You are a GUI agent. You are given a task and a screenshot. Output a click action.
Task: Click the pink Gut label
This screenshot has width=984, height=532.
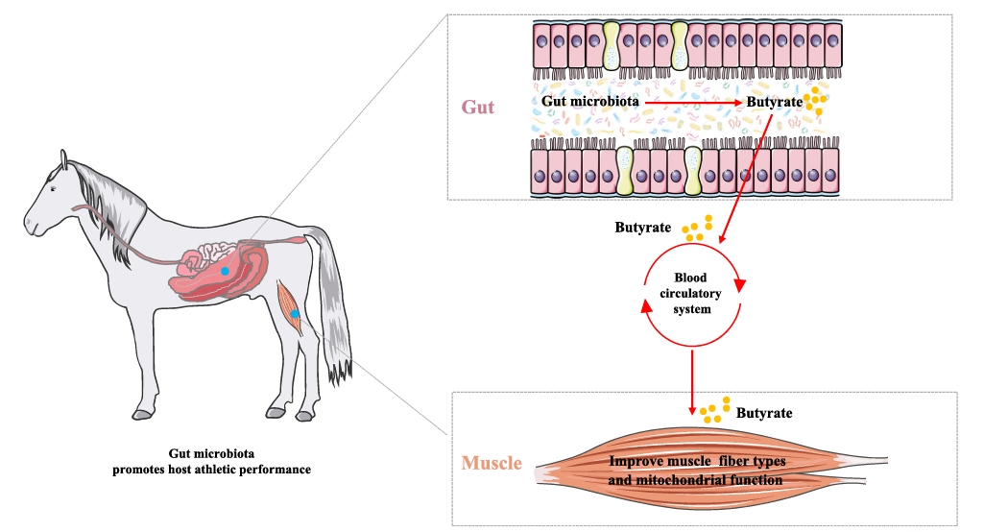click(x=478, y=107)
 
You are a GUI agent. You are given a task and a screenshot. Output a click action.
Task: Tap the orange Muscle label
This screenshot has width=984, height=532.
click(x=492, y=464)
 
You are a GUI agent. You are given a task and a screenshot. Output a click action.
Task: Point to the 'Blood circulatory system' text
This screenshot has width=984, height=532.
click(x=691, y=293)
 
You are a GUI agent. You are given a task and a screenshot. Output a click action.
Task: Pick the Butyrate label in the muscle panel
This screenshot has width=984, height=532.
click(x=764, y=413)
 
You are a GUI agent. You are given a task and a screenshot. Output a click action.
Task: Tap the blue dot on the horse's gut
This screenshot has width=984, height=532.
click(x=225, y=272)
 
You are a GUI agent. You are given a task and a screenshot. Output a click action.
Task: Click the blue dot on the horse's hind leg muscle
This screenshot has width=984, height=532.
click(x=296, y=314)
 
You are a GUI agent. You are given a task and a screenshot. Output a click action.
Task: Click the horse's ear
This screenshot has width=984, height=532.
click(x=62, y=159)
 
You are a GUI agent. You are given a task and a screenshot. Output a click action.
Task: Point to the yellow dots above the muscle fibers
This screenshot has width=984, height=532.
click(x=715, y=411)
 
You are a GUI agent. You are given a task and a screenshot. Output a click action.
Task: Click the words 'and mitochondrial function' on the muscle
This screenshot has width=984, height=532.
click(x=696, y=479)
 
